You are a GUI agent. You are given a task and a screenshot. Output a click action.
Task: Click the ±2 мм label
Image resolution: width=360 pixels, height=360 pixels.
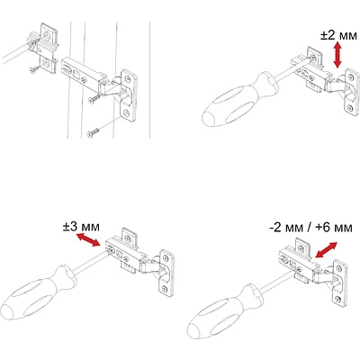(339, 35)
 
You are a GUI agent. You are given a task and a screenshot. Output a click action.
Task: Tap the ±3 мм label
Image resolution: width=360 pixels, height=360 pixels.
(81, 227)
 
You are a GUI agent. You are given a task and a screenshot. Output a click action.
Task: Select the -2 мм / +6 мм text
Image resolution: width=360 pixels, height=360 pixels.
(310, 228)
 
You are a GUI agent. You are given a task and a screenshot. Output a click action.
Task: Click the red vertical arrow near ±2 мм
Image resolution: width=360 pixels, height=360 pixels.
(337, 55)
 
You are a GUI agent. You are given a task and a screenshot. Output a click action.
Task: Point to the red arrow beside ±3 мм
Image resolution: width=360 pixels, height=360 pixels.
(87, 239)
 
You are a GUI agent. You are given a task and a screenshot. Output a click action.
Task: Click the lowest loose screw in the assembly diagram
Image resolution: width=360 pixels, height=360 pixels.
(93, 133)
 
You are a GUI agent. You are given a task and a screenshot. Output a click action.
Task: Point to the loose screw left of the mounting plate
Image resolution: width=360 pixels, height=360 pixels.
(34, 69)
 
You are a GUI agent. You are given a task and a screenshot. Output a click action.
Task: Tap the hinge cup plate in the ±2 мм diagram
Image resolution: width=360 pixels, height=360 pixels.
(352, 92)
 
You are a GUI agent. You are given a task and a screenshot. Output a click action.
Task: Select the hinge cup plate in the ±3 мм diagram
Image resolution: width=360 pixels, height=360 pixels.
(166, 273)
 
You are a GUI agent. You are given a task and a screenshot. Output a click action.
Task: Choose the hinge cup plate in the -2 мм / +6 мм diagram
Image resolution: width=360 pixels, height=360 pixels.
(340, 283)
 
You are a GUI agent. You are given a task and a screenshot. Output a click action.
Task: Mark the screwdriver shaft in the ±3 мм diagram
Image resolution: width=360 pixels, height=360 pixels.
(90, 263)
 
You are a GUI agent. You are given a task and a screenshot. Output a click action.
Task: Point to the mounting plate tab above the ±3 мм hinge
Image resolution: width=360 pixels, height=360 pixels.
(130, 236)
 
